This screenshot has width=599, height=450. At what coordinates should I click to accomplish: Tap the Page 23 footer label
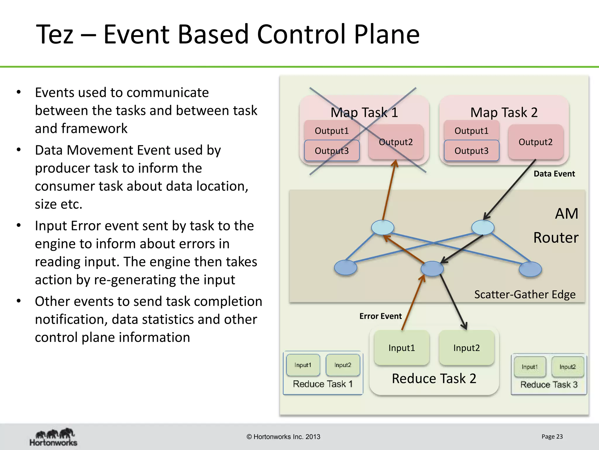tap(552, 437)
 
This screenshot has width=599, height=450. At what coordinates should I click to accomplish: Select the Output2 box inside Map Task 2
tap(536, 142)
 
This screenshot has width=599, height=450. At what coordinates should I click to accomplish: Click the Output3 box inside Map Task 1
tap(332, 151)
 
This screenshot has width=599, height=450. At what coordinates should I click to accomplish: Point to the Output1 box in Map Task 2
tap(471, 131)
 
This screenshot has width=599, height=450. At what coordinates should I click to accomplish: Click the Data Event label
tap(554, 174)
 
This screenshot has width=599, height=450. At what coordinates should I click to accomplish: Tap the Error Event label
tap(380, 316)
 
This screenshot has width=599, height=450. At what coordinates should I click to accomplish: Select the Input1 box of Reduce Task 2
tap(402, 348)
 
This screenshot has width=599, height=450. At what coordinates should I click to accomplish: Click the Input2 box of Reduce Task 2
tap(467, 348)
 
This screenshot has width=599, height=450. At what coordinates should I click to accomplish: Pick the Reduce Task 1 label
tap(323, 384)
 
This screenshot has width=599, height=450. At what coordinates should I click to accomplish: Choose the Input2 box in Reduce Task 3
tap(567, 367)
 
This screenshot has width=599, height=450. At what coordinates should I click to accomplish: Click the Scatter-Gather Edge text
tap(525, 294)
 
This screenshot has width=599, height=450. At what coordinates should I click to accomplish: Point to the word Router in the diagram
tap(556, 237)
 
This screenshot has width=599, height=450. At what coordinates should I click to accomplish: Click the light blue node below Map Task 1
tap(383, 227)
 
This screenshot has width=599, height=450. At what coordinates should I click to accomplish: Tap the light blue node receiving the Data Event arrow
tap(483, 227)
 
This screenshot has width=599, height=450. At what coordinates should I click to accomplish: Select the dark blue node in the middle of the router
tap(432, 268)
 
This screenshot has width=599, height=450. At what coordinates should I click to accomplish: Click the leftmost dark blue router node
tap(345, 267)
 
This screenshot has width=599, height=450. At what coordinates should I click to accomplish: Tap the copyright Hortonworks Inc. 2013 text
tap(283, 437)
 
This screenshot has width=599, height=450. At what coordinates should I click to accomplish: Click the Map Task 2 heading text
tap(504, 112)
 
